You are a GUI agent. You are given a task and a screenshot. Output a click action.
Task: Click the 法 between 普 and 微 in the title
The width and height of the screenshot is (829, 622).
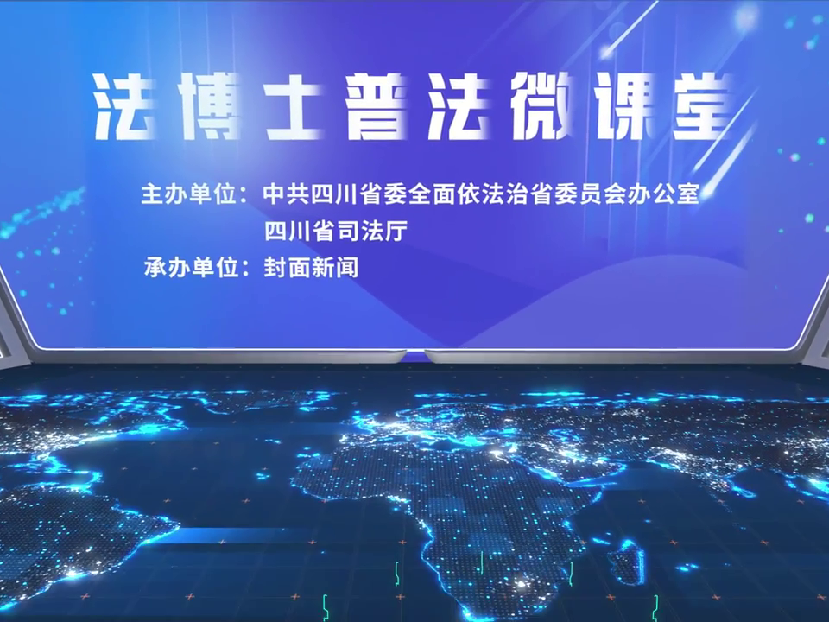(x=459, y=106)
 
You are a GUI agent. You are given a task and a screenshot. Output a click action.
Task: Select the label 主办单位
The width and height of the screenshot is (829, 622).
(x=188, y=194)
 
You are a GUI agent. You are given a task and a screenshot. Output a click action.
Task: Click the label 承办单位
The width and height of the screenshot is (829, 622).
(x=189, y=268)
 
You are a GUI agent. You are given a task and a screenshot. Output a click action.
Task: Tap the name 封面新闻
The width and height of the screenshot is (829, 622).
(x=311, y=268)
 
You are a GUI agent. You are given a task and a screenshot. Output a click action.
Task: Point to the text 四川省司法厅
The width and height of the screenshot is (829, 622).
(x=336, y=232)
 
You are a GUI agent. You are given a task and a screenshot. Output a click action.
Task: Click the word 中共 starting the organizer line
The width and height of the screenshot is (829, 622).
(x=286, y=194)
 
